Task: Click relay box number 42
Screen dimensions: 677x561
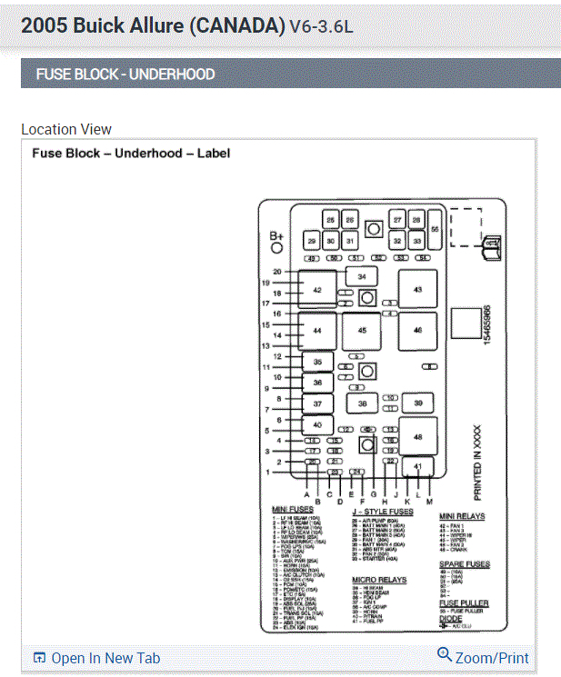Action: click(317, 289)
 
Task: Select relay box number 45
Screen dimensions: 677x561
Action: click(363, 330)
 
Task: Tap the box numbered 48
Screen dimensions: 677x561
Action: click(417, 437)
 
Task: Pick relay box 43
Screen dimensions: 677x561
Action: click(417, 289)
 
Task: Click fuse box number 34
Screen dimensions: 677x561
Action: click(362, 276)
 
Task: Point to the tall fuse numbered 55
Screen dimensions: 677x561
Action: click(435, 230)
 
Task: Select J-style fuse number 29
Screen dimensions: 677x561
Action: click(311, 241)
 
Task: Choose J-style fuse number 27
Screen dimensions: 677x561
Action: click(397, 220)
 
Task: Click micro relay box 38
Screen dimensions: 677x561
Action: click(362, 403)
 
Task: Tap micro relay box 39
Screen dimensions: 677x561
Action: click(417, 403)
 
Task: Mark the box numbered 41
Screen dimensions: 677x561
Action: click(417, 467)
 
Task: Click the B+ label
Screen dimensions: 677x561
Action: click(277, 239)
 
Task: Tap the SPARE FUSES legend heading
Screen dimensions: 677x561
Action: click(464, 564)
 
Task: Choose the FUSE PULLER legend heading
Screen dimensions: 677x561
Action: click(464, 602)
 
